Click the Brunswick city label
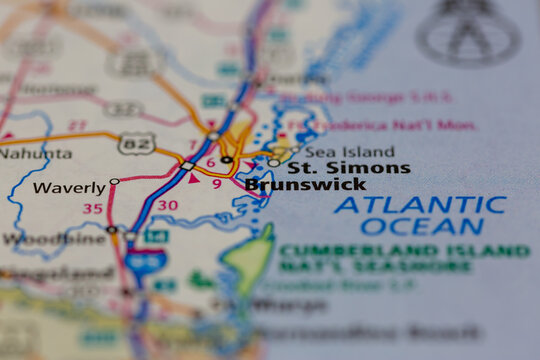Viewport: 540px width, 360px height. tap(305, 185)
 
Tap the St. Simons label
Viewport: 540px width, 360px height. tap(349, 167)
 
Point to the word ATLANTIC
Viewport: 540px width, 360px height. tap(420, 205)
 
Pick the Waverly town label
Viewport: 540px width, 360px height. tap(68, 188)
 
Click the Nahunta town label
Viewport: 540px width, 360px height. tap(36, 154)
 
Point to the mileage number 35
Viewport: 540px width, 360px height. tap(92, 209)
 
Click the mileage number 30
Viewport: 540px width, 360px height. tap(168, 205)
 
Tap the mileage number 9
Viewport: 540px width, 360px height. tap(216, 183)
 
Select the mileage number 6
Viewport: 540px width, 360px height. tap(210, 162)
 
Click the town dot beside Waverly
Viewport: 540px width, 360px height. tap(114, 182)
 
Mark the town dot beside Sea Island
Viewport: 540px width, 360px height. tap(274, 162)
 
